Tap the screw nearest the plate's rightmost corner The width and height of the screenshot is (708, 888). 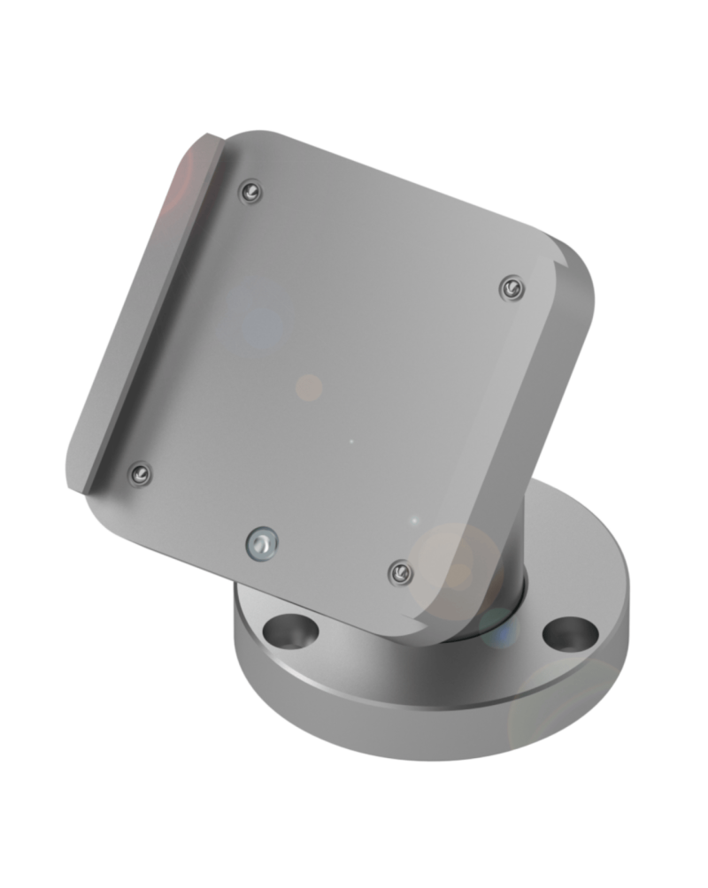tap(510, 287)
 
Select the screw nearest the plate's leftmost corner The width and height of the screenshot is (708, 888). tap(139, 474)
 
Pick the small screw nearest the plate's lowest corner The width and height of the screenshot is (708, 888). tap(400, 572)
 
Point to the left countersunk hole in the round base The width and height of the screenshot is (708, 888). tap(293, 632)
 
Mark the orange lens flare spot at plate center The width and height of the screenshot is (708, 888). tap(309, 387)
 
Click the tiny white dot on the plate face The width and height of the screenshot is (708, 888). tap(351, 441)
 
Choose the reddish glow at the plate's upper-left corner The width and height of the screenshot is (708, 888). tap(181, 177)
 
